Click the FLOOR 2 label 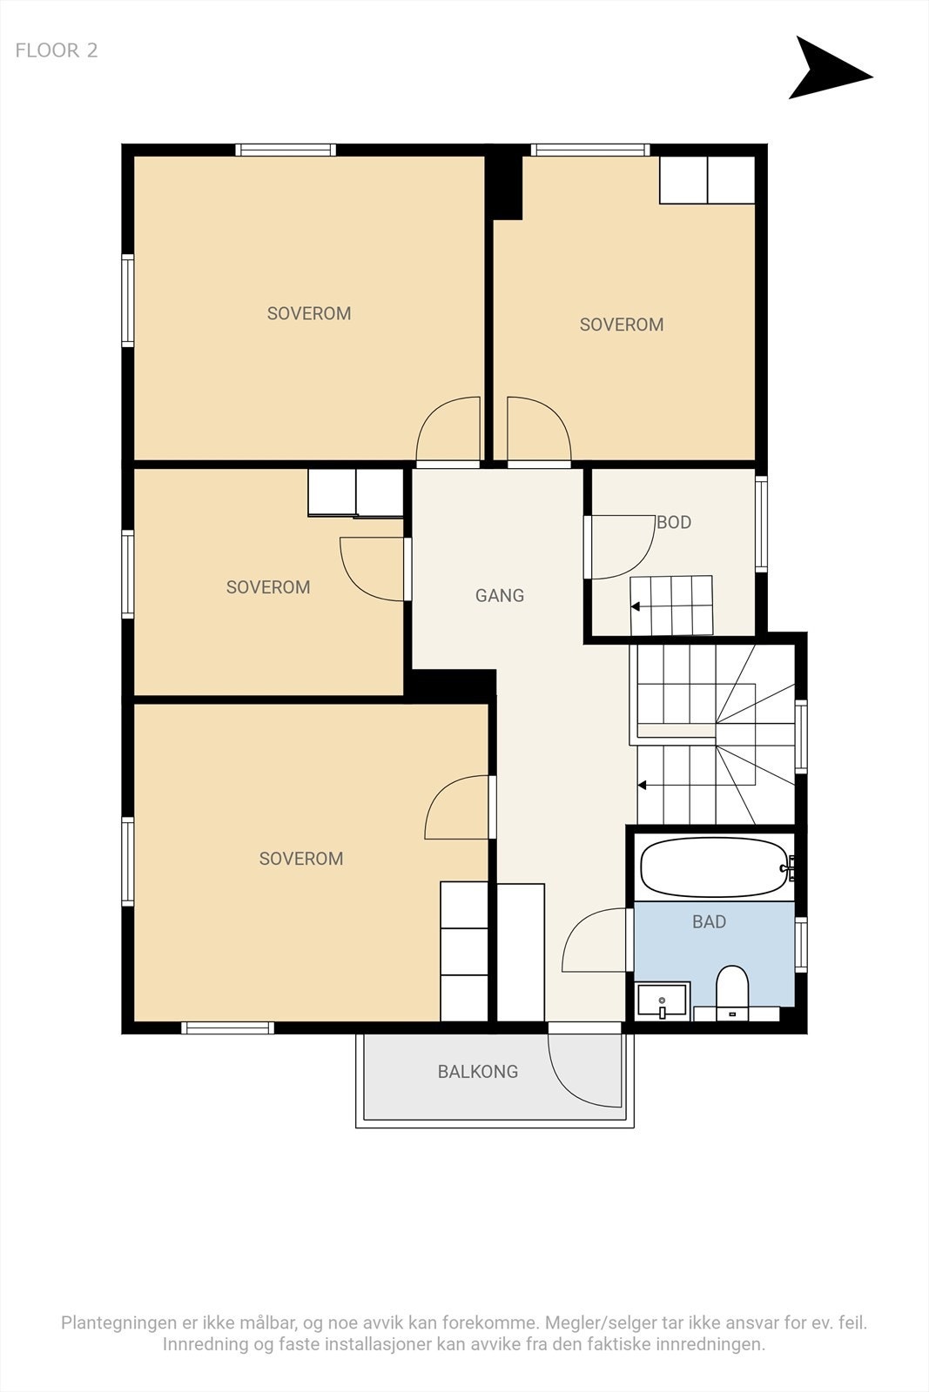click(x=57, y=50)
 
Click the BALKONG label click(x=477, y=1071)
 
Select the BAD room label click(x=709, y=921)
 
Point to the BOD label click(x=674, y=522)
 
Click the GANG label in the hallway click(x=499, y=595)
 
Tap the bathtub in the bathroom click(x=715, y=867)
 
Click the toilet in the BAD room click(x=732, y=993)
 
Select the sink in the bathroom click(x=663, y=1000)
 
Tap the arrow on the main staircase click(x=642, y=786)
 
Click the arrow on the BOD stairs click(x=636, y=606)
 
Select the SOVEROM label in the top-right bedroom click(x=621, y=325)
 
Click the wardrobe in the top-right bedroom click(x=707, y=179)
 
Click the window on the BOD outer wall click(x=761, y=524)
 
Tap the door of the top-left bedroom click(x=448, y=429)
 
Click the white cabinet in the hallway click(x=521, y=952)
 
